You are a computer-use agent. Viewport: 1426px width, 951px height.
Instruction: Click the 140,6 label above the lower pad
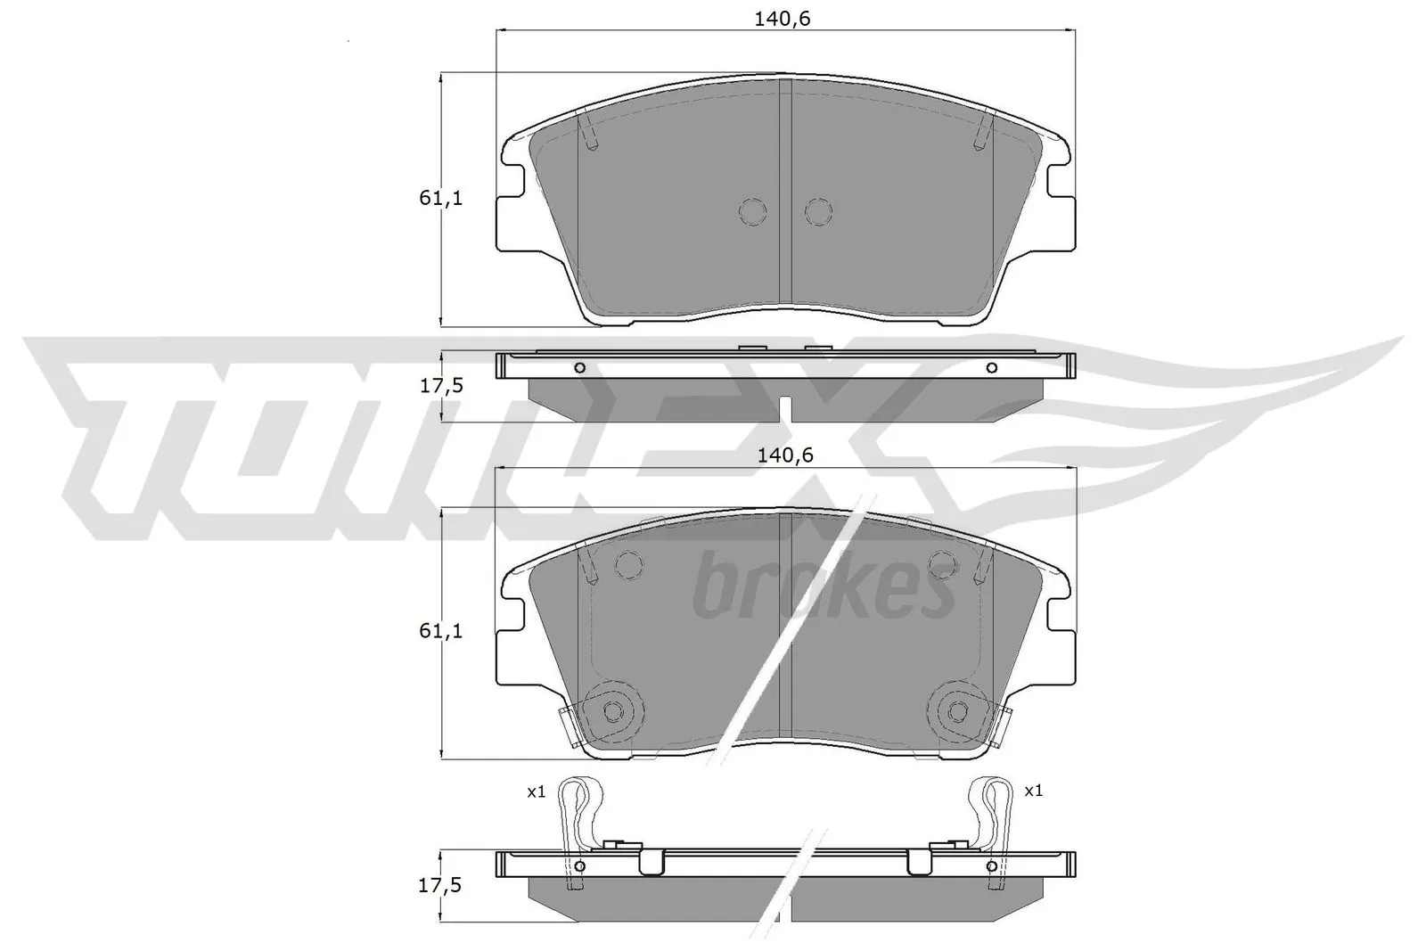tap(785, 455)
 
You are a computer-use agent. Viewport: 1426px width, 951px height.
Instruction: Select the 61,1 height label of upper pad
tap(441, 199)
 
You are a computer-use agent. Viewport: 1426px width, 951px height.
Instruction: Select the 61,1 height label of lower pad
tap(441, 631)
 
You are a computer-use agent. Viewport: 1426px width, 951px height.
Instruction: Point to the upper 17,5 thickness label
tap(441, 386)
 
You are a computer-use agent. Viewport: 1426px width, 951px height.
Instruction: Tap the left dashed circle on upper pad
tap(753, 211)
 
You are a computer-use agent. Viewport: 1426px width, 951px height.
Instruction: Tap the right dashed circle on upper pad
tap(818, 211)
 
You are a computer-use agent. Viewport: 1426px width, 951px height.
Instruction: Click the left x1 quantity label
tap(536, 791)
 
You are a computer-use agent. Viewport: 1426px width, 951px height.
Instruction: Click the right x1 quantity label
tap(1034, 790)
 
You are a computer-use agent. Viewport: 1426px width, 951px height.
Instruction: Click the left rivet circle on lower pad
tap(613, 710)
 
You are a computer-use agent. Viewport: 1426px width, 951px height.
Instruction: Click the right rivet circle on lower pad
tap(957, 710)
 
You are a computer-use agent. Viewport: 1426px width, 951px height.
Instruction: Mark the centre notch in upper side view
tap(785, 408)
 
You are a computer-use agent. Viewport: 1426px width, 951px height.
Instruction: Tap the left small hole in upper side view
tap(579, 368)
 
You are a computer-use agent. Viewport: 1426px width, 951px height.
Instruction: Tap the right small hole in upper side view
tap(991, 368)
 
